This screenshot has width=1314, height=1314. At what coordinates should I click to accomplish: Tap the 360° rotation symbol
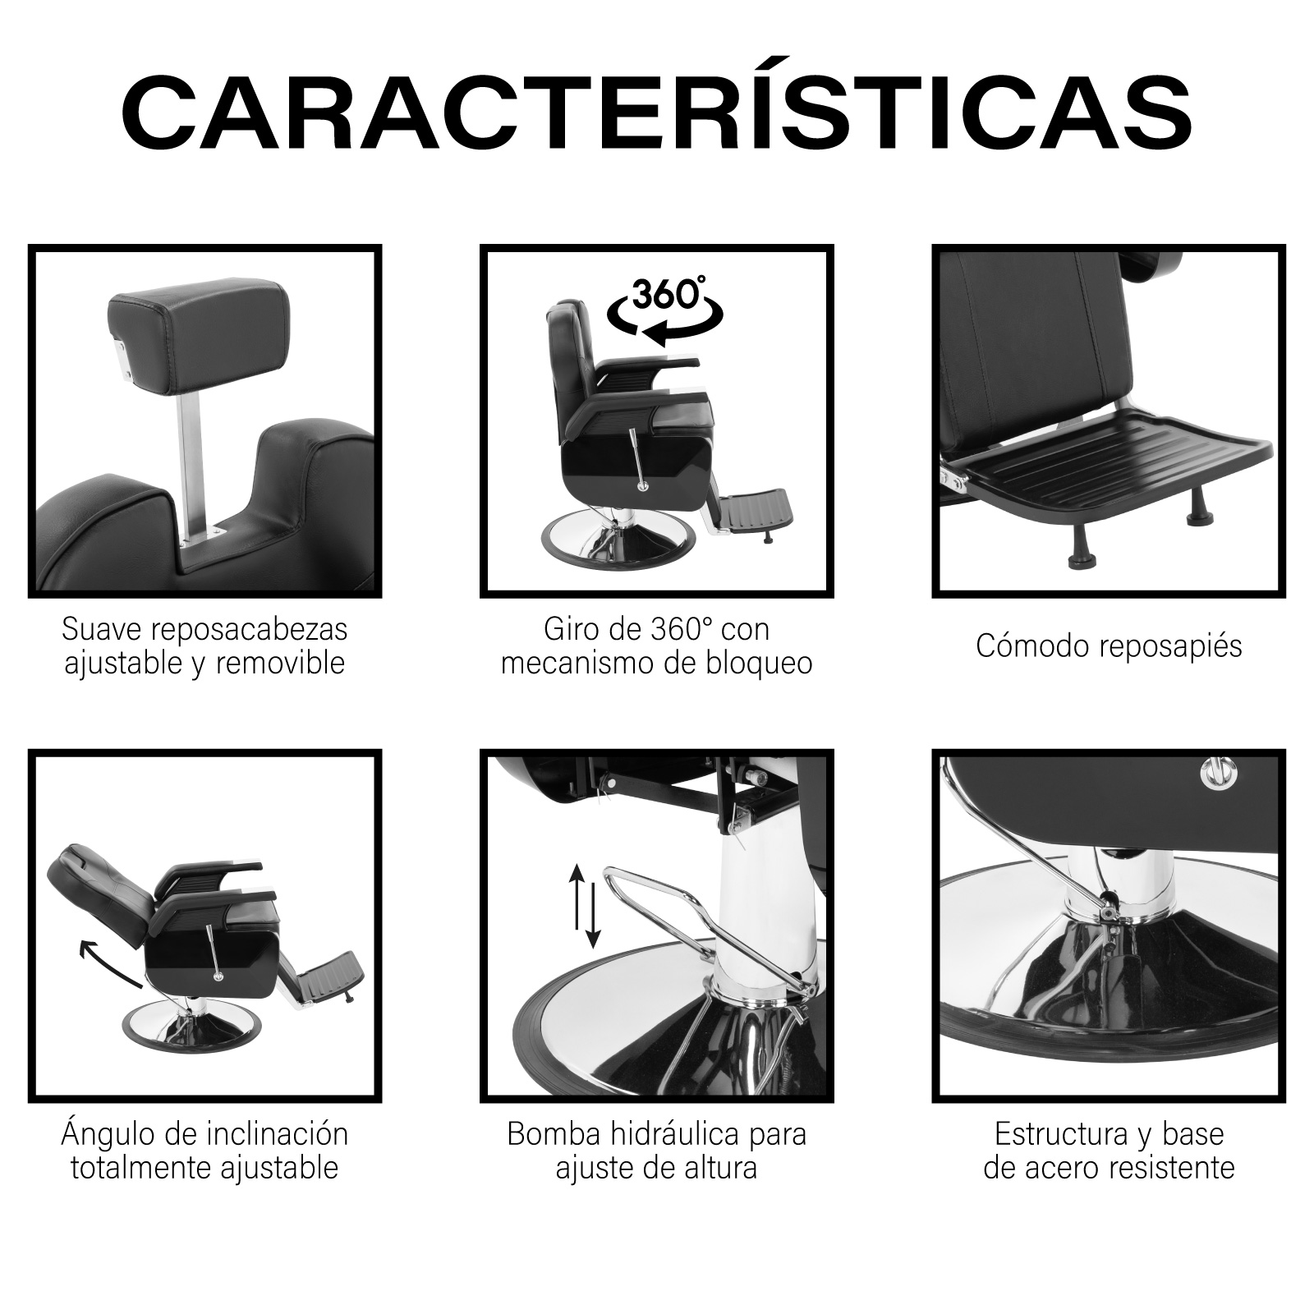click(x=665, y=313)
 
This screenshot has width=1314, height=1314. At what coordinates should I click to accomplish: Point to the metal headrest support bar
click(x=195, y=460)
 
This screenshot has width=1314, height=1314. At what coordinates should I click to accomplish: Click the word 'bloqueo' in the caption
click(x=757, y=663)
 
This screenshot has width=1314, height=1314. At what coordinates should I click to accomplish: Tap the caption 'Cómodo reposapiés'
click(x=1109, y=646)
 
